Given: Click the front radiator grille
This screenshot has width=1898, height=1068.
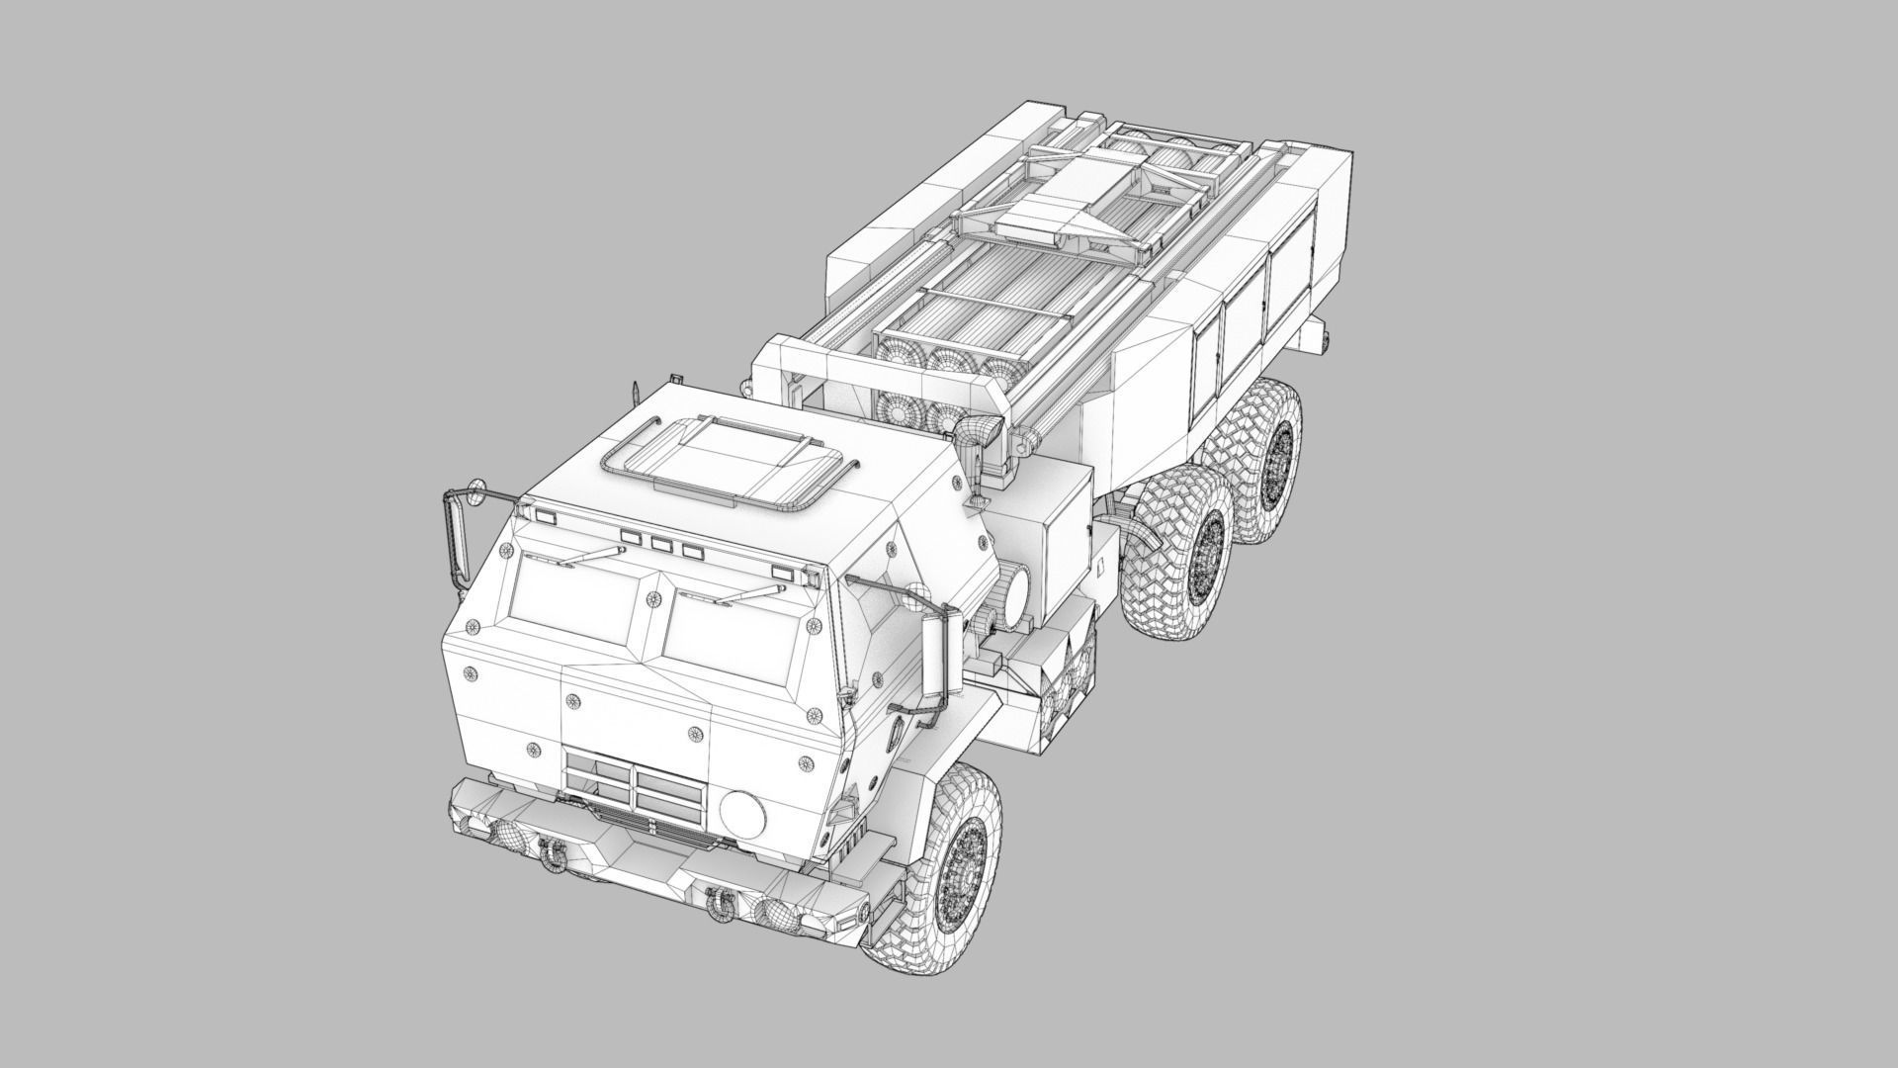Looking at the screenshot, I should [x=634, y=781].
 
